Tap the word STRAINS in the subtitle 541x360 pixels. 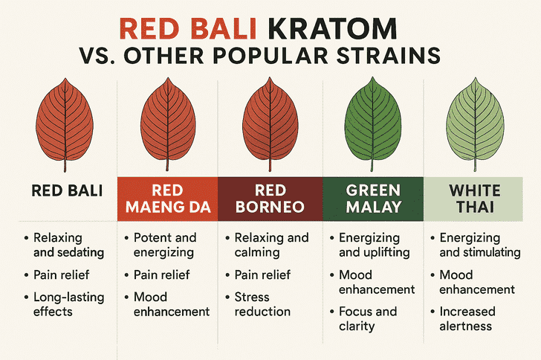point(389,56)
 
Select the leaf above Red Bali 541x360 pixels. point(65,125)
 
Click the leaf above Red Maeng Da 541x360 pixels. point(168,124)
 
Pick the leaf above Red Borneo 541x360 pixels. point(270,124)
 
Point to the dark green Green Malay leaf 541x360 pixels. point(372,124)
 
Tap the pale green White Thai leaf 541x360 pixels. point(475,124)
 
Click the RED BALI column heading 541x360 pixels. point(67,190)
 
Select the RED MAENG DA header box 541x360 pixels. point(168,199)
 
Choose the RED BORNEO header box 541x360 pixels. point(270,199)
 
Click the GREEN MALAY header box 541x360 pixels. point(373,199)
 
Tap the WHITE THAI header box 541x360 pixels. point(473,199)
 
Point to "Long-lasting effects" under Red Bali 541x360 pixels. point(68,304)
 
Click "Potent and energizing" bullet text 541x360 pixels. point(165,245)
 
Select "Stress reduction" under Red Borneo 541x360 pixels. point(262,304)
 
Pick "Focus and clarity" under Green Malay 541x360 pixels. point(368,318)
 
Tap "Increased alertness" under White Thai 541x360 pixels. point(467,318)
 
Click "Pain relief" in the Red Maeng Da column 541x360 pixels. point(161,275)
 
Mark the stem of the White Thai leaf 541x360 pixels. point(475,165)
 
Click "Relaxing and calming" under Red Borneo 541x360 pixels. point(271,245)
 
